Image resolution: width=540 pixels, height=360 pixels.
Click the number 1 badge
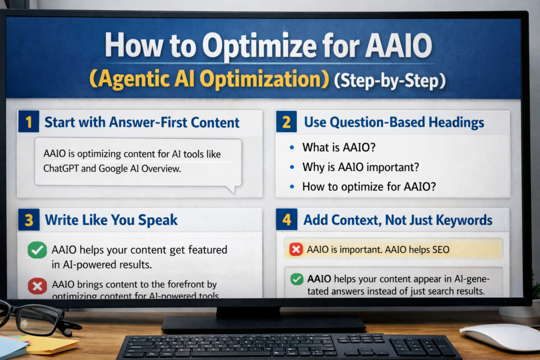click(x=28, y=123)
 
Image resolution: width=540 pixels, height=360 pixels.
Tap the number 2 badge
click(x=286, y=123)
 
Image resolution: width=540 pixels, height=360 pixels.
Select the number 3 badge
click(x=28, y=220)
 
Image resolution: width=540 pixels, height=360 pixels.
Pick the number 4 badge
click(x=286, y=220)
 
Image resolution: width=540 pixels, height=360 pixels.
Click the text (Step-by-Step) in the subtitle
click(x=390, y=82)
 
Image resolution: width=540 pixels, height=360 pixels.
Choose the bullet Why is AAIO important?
click(x=359, y=168)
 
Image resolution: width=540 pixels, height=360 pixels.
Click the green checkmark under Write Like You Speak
click(x=37, y=250)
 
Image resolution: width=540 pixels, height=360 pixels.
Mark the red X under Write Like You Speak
click(x=37, y=286)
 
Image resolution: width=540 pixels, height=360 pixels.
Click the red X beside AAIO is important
click(x=296, y=249)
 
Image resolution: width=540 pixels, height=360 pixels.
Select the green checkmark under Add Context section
click(x=296, y=279)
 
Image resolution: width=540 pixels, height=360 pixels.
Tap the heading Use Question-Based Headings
click(x=394, y=123)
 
